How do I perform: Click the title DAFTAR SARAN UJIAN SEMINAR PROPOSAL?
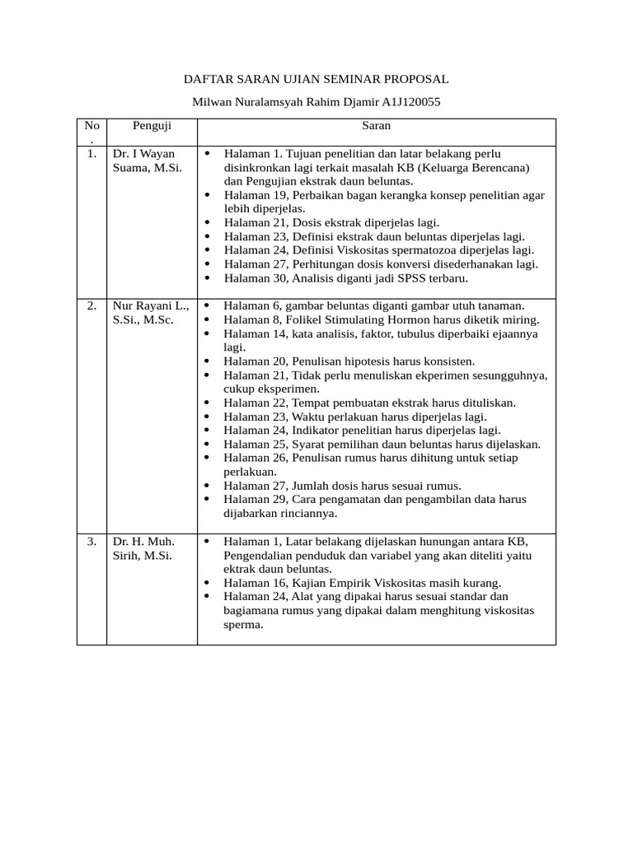(316, 79)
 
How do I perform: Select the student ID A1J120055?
(410, 103)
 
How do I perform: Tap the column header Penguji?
(152, 126)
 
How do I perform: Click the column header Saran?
(376, 126)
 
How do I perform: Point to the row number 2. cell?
(91, 305)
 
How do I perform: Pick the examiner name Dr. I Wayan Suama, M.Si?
(147, 161)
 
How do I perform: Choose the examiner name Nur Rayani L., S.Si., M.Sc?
(151, 313)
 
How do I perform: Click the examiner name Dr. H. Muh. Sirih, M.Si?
(143, 548)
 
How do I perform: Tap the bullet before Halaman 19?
(208, 195)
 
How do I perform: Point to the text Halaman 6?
(253, 305)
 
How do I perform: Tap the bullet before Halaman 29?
(208, 499)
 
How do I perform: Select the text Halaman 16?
(256, 582)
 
